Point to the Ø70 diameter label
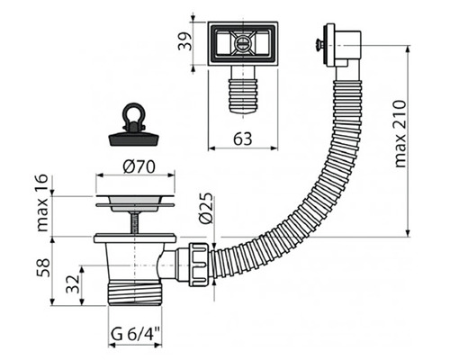135,166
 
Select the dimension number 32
73,288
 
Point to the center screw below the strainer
135,221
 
